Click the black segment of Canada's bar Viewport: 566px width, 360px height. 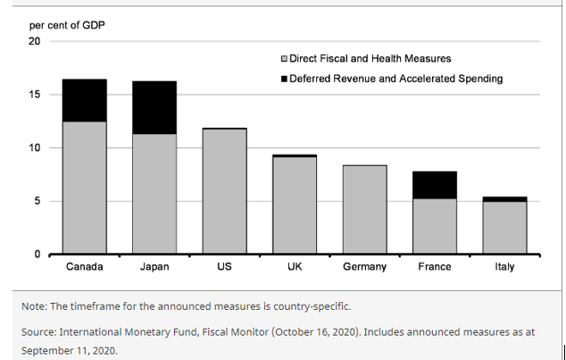click(84, 100)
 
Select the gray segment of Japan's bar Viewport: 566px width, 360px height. click(154, 194)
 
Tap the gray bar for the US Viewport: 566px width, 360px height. click(224, 191)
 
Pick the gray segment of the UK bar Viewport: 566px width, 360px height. click(295, 205)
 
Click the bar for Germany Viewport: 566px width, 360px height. click(364, 209)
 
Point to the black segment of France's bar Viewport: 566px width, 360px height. click(435, 185)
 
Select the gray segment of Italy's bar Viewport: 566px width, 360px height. click(504, 228)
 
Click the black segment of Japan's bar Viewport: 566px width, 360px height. click(154, 107)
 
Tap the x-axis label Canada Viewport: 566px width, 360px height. click(84, 267)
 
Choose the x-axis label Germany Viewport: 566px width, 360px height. click(364, 267)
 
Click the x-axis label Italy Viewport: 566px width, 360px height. click(504, 267)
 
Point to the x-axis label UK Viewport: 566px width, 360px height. click(295, 267)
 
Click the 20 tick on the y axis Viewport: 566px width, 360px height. click(35, 41)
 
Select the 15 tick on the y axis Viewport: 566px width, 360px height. click(35, 95)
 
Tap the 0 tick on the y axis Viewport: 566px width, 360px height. click(37, 255)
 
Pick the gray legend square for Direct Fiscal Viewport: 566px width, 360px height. click(284, 59)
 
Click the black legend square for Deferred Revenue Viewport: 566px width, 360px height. click(284, 79)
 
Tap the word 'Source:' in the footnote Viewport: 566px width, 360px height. click(43, 331)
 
